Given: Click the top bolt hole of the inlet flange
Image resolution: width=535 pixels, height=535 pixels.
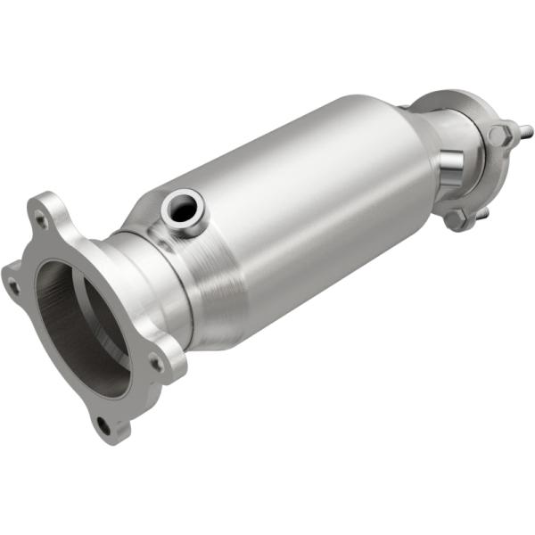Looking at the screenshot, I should [41, 216].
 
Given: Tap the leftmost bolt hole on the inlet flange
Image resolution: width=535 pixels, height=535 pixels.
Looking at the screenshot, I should [12, 286].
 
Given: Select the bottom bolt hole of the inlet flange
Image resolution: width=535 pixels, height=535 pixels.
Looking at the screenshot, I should [103, 426].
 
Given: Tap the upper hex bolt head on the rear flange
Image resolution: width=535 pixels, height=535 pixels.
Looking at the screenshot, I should [499, 136].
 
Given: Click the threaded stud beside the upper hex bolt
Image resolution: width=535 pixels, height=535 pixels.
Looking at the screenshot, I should [523, 132].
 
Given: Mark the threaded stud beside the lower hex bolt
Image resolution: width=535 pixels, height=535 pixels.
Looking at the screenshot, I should [482, 214].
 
